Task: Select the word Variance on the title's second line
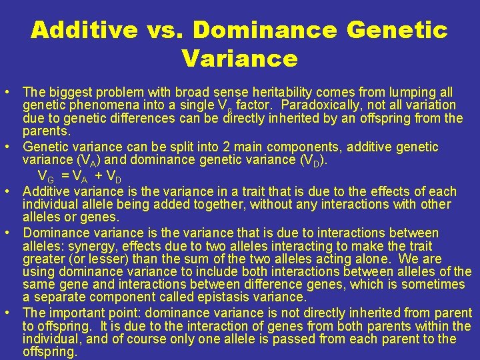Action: coord(239,59)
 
